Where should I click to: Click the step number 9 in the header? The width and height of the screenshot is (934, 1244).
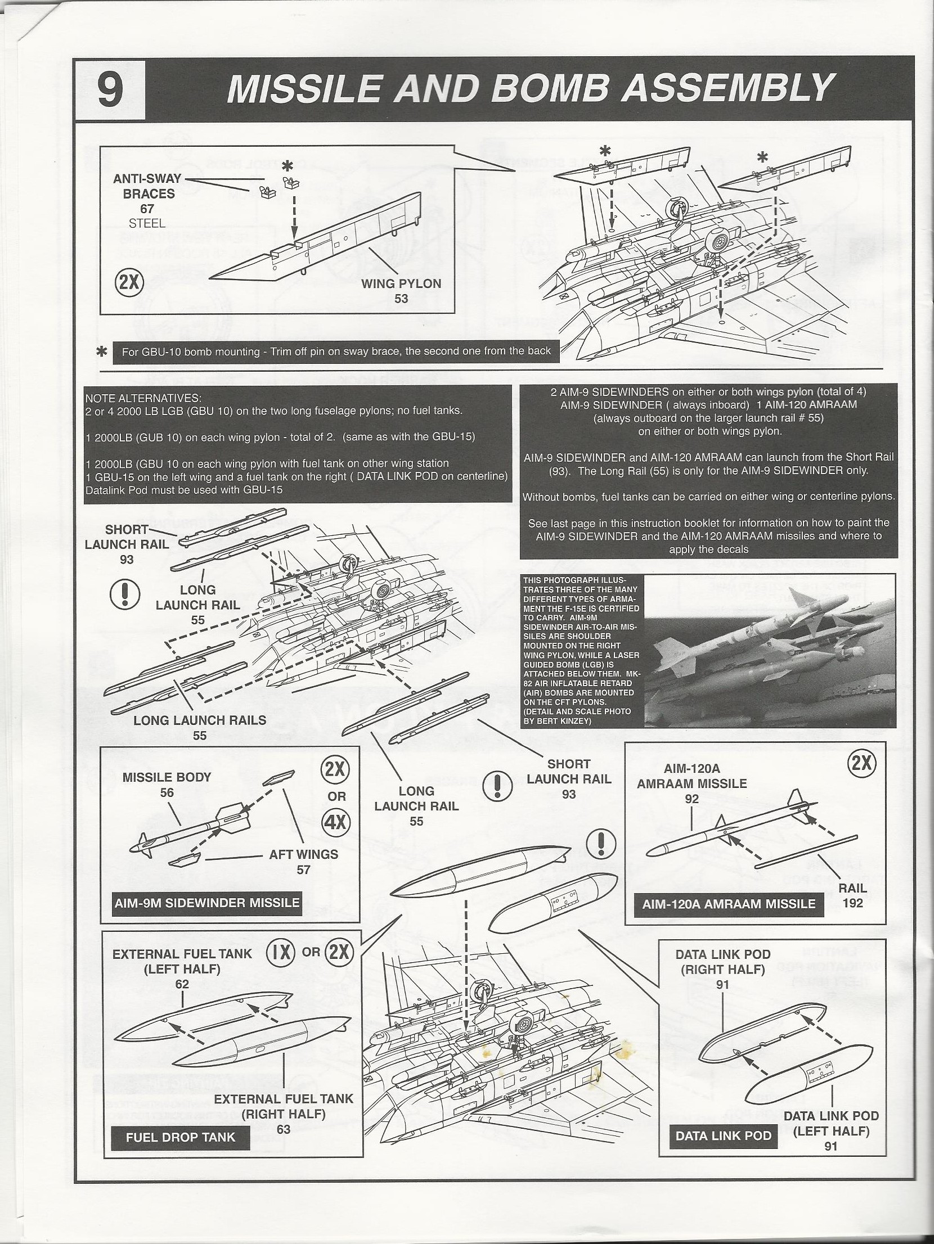109,90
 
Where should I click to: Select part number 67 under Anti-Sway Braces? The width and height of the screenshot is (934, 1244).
147,209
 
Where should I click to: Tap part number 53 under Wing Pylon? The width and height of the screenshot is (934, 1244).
401,298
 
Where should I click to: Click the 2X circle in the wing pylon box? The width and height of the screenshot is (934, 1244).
129,282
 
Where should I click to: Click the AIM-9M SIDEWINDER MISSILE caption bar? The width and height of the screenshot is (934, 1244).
206,903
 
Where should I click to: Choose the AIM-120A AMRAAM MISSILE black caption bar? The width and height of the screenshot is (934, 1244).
729,904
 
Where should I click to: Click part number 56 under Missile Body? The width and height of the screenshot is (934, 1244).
167,792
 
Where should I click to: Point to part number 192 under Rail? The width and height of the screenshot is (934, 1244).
853,903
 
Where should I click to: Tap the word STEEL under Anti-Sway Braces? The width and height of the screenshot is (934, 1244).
147,223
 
